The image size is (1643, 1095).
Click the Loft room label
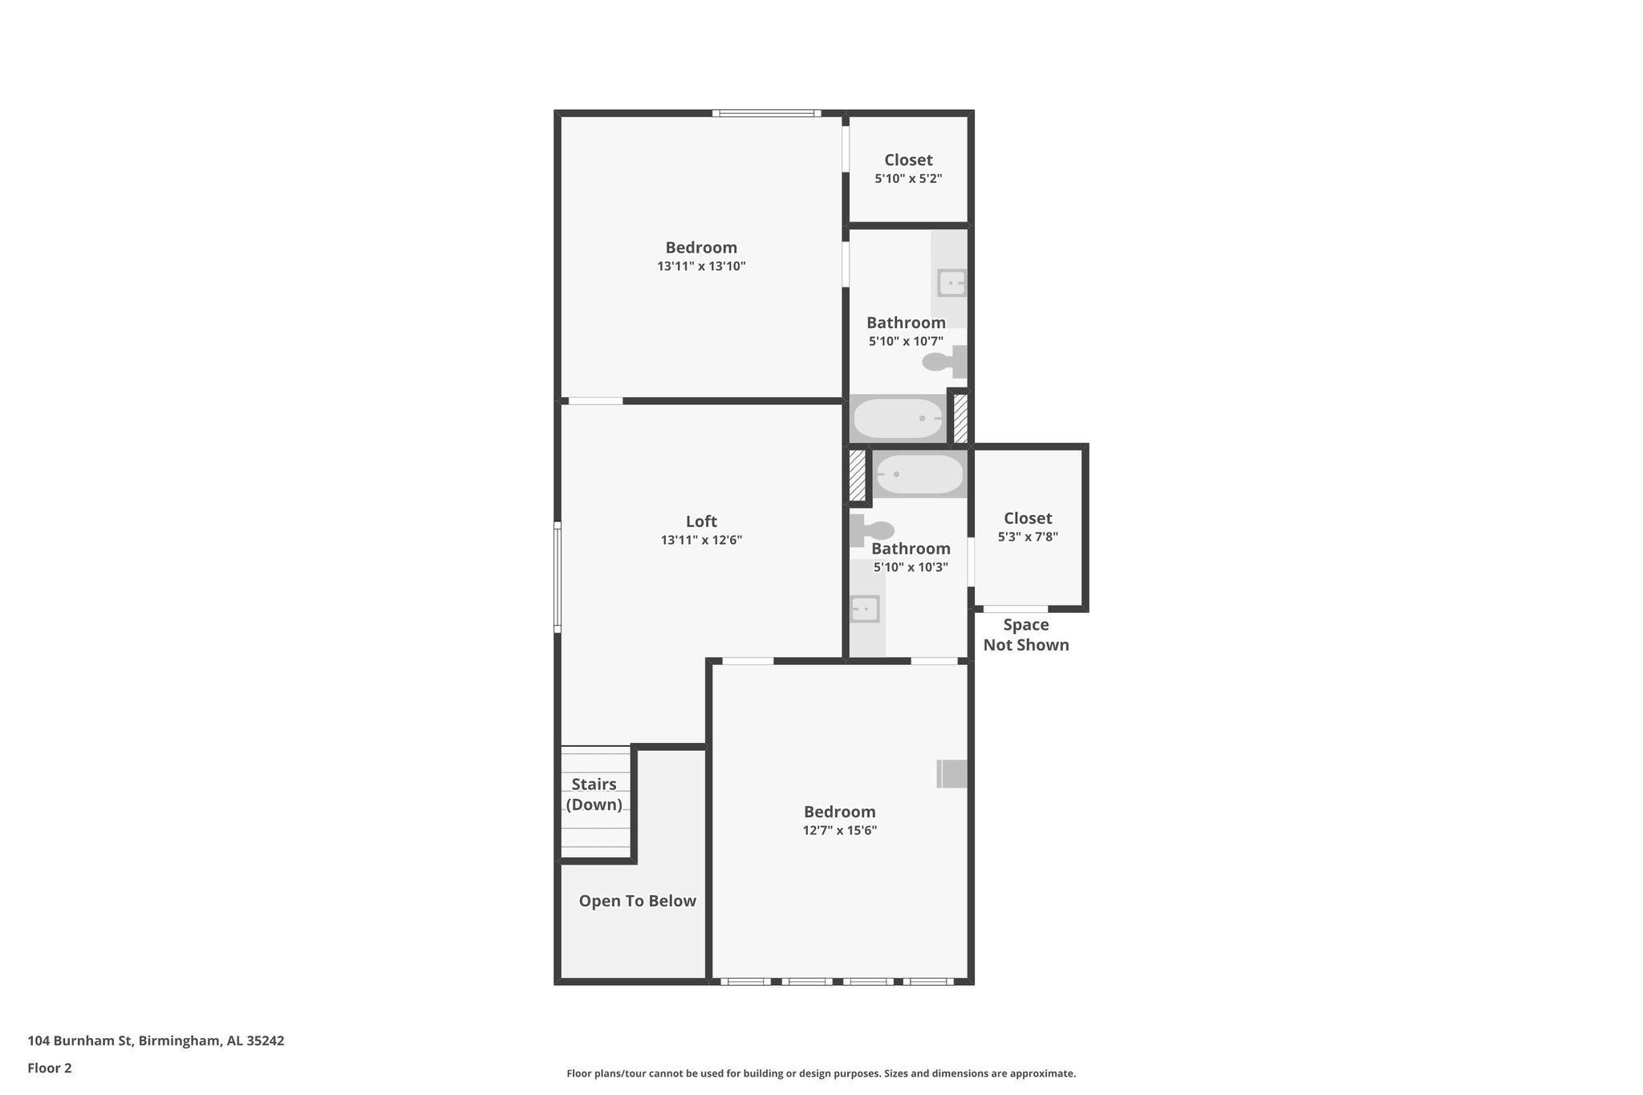pos(701,521)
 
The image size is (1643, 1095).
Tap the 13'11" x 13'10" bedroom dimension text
pos(701,266)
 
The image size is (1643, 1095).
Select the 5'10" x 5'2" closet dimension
pos(908,179)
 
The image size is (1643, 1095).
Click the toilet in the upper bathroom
pos(943,362)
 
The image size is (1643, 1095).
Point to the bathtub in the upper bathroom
pos(898,419)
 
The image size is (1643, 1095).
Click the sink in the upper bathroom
pos(951,283)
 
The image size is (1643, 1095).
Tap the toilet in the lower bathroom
pos(873,530)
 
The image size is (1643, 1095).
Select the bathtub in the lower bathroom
pos(919,474)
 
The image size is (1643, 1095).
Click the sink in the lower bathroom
pos(865,609)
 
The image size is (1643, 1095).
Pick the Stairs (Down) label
pos(594,794)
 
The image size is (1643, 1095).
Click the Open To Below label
pos(637,901)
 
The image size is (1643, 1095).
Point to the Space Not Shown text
pos(1026,635)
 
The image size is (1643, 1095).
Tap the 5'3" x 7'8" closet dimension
pos(1028,537)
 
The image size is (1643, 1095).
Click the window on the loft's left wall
pos(558,577)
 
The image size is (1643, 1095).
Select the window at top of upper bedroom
pos(766,113)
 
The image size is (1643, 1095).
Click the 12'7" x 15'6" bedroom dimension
pos(839,831)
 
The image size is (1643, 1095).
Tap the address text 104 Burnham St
pos(156,1040)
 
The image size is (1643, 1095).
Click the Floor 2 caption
pos(50,1068)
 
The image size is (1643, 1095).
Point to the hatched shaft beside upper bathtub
pos(959,418)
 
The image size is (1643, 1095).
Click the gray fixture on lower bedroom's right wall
pos(952,773)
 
